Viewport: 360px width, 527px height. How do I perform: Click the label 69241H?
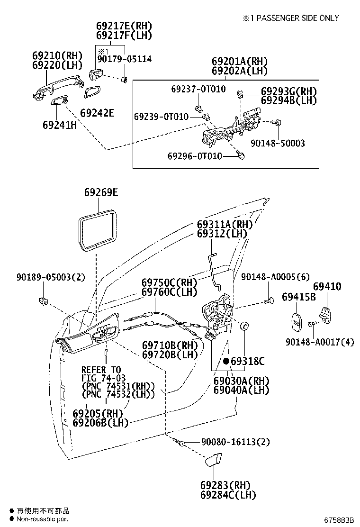(59, 125)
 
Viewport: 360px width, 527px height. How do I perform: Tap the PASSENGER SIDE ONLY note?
(291, 18)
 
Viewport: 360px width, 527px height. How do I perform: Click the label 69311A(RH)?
(225, 224)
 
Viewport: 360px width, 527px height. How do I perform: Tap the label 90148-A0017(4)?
(320, 341)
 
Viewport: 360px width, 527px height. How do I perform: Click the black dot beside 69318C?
(226, 361)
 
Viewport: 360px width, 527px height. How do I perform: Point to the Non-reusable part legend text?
(43, 519)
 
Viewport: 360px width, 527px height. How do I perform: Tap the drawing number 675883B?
(339, 519)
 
